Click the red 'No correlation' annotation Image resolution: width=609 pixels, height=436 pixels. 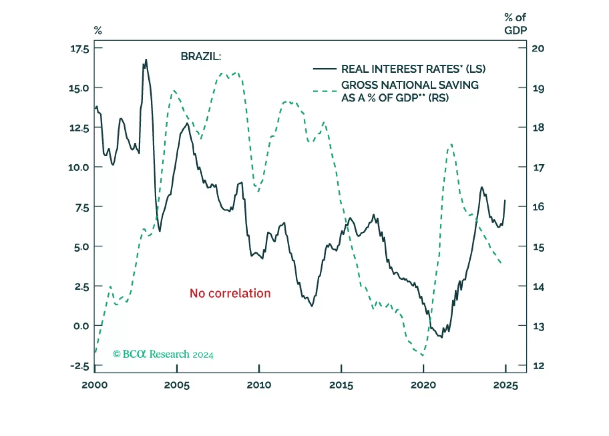tap(230, 293)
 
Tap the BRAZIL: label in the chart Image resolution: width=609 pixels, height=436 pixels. tap(200, 56)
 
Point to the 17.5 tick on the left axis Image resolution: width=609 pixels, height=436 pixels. tap(79, 49)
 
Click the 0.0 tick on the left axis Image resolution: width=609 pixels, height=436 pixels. tap(81, 326)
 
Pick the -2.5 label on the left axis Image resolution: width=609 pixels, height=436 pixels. tap(79, 366)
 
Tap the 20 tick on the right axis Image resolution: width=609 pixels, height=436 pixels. tap(538, 48)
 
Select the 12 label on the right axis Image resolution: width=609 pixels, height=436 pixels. tap(538, 366)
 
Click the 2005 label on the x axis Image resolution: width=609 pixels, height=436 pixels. tap(177, 385)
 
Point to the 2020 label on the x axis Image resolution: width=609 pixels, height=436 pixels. tap(423, 385)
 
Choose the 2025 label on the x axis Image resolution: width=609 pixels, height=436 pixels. tap(505, 385)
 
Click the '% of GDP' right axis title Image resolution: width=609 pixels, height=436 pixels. tap(515, 24)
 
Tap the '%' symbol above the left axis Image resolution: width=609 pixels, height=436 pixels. tap(98, 30)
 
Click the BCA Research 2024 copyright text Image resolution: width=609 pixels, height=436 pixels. tap(163, 354)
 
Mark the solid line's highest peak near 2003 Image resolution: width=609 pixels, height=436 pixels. tap(146, 60)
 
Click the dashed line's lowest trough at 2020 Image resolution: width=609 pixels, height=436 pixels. tap(422, 356)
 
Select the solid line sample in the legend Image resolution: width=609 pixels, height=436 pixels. tap(324, 69)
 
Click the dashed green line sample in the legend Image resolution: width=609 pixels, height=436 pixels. tap(324, 91)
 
